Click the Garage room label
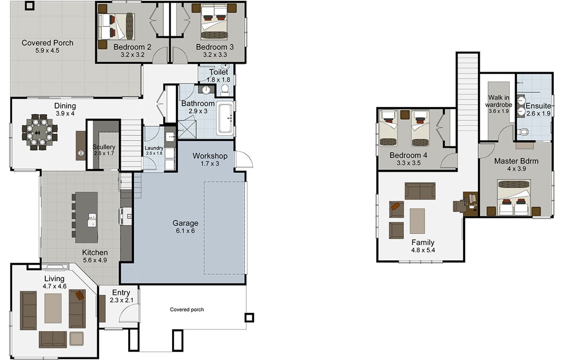(x=185, y=223)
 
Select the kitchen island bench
(x=86, y=217)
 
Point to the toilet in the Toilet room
(x=225, y=88)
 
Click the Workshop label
(x=210, y=156)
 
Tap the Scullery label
(x=104, y=147)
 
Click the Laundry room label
(x=154, y=148)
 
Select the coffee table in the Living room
(x=53, y=308)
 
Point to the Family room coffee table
(x=417, y=221)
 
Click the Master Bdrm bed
(x=514, y=198)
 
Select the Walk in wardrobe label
(x=498, y=101)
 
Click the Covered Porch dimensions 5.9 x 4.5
(x=47, y=50)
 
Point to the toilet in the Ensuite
(x=523, y=131)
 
